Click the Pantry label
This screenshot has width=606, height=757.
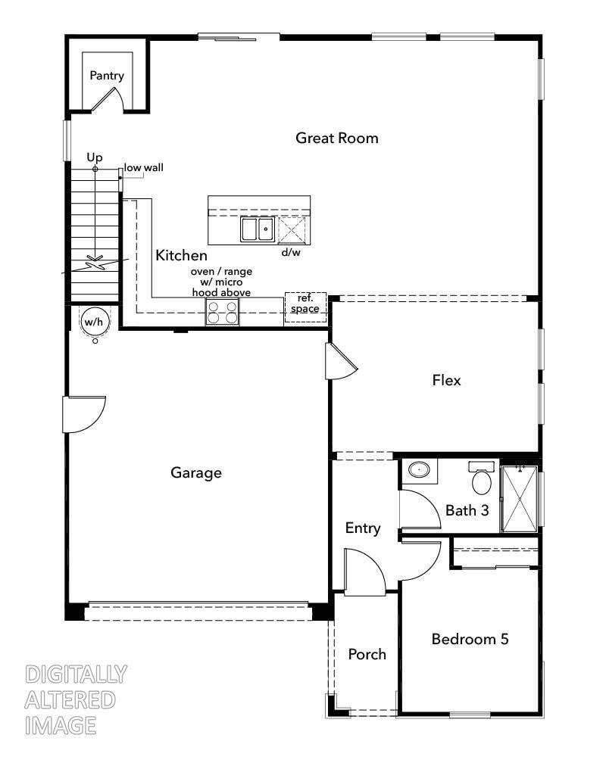[107, 76]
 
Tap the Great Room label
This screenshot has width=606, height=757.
[337, 138]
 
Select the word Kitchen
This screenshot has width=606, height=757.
[181, 255]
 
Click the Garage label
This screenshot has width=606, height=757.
[196, 472]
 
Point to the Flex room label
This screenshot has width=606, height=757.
[446, 381]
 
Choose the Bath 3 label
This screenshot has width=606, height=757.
[467, 510]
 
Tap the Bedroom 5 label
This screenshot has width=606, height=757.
[470, 639]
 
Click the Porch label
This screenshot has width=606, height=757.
[367, 654]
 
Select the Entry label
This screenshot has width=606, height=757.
[363, 528]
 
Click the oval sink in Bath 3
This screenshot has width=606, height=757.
[419, 469]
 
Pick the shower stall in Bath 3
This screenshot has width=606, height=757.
[520, 499]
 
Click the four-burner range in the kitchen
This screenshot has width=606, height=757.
[223, 311]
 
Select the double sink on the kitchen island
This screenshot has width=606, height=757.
[258, 229]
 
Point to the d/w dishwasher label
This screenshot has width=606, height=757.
[291, 252]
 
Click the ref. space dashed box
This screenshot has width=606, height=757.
[305, 307]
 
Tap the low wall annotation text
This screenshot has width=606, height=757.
[143, 167]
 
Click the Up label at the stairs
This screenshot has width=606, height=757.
[95, 157]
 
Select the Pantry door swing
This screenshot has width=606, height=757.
[108, 98]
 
